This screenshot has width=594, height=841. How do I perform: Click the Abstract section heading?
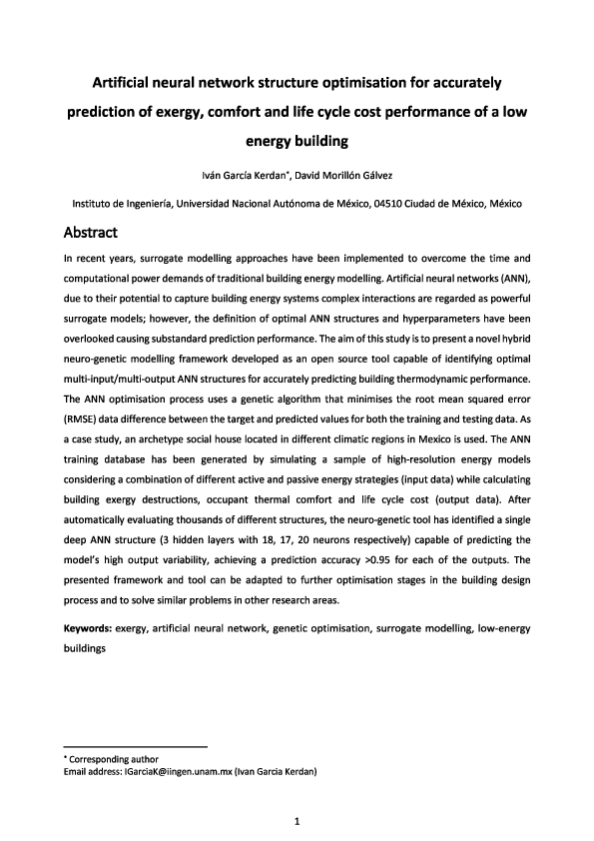(91, 233)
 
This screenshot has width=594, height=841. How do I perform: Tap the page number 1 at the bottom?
(297, 821)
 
